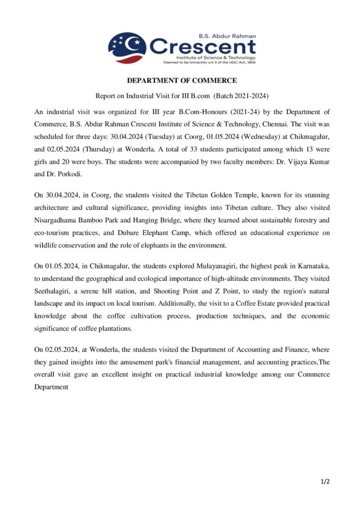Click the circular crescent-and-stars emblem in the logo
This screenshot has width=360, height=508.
click(127, 48)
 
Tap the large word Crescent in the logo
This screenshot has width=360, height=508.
click(203, 47)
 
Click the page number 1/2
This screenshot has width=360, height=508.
click(325, 481)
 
